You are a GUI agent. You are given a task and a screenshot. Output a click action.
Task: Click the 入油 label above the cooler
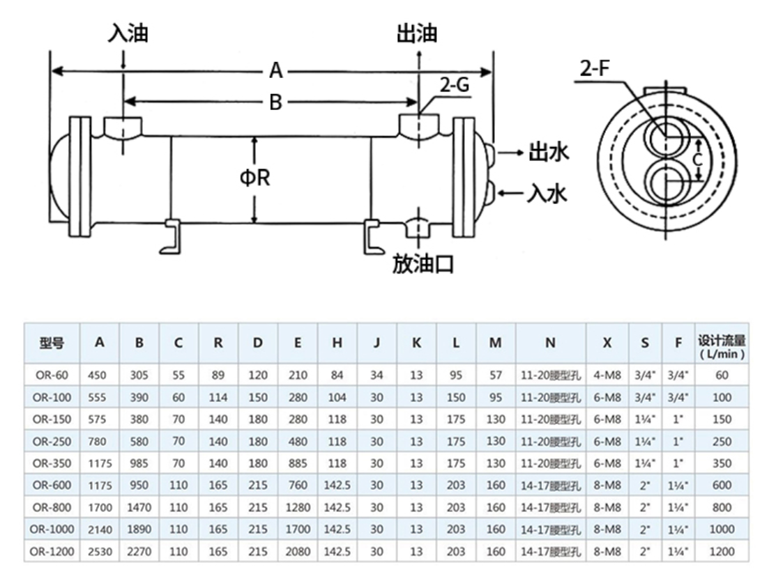[x=128, y=33]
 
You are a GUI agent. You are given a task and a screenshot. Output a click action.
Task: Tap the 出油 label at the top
[x=417, y=33]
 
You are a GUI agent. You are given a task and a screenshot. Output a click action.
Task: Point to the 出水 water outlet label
[x=549, y=151]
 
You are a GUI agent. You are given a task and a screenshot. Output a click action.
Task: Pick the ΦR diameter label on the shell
[x=254, y=178]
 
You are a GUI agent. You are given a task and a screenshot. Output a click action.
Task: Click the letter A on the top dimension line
[x=276, y=71]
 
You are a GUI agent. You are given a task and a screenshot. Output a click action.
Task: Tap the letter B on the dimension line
[x=276, y=103]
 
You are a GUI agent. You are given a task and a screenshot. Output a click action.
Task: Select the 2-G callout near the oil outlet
[x=453, y=86]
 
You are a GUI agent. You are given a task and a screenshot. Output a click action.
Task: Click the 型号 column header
[x=52, y=342]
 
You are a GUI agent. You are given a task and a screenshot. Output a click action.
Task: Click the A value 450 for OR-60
[x=98, y=375]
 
